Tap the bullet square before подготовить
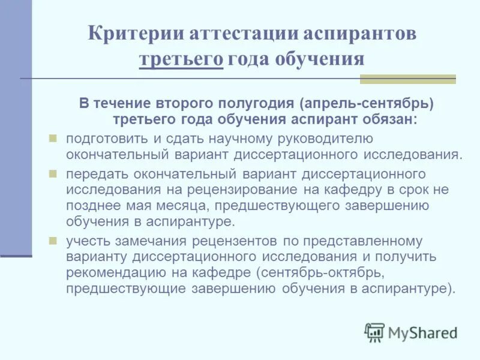point(52,139)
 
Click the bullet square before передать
point(52,174)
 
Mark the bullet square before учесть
point(52,241)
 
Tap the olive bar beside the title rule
point(407,79)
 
